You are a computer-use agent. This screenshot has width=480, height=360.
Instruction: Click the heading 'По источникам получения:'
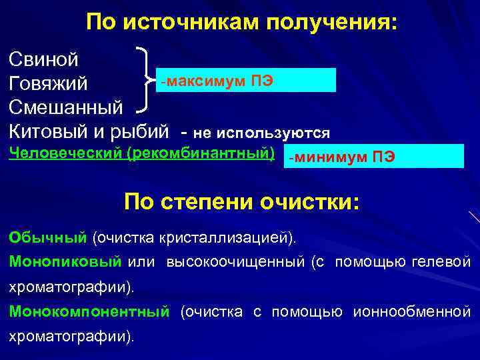[241, 23]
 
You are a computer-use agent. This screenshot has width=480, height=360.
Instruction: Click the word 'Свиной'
[44, 59]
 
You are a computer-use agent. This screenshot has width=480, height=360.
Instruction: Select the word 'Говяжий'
[48, 83]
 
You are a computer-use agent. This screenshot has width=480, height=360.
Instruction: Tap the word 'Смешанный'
[66, 107]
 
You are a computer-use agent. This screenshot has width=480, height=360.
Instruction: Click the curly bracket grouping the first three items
[143, 79]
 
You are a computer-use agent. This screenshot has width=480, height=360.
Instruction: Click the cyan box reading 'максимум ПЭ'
[244, 81]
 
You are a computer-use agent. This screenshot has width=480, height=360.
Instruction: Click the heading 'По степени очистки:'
[241, 201]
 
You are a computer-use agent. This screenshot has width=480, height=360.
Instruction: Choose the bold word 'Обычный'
[48, 237]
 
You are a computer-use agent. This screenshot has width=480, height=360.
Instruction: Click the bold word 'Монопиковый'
[65, 262]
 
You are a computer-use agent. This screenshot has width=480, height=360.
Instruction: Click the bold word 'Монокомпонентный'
[89, 311]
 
